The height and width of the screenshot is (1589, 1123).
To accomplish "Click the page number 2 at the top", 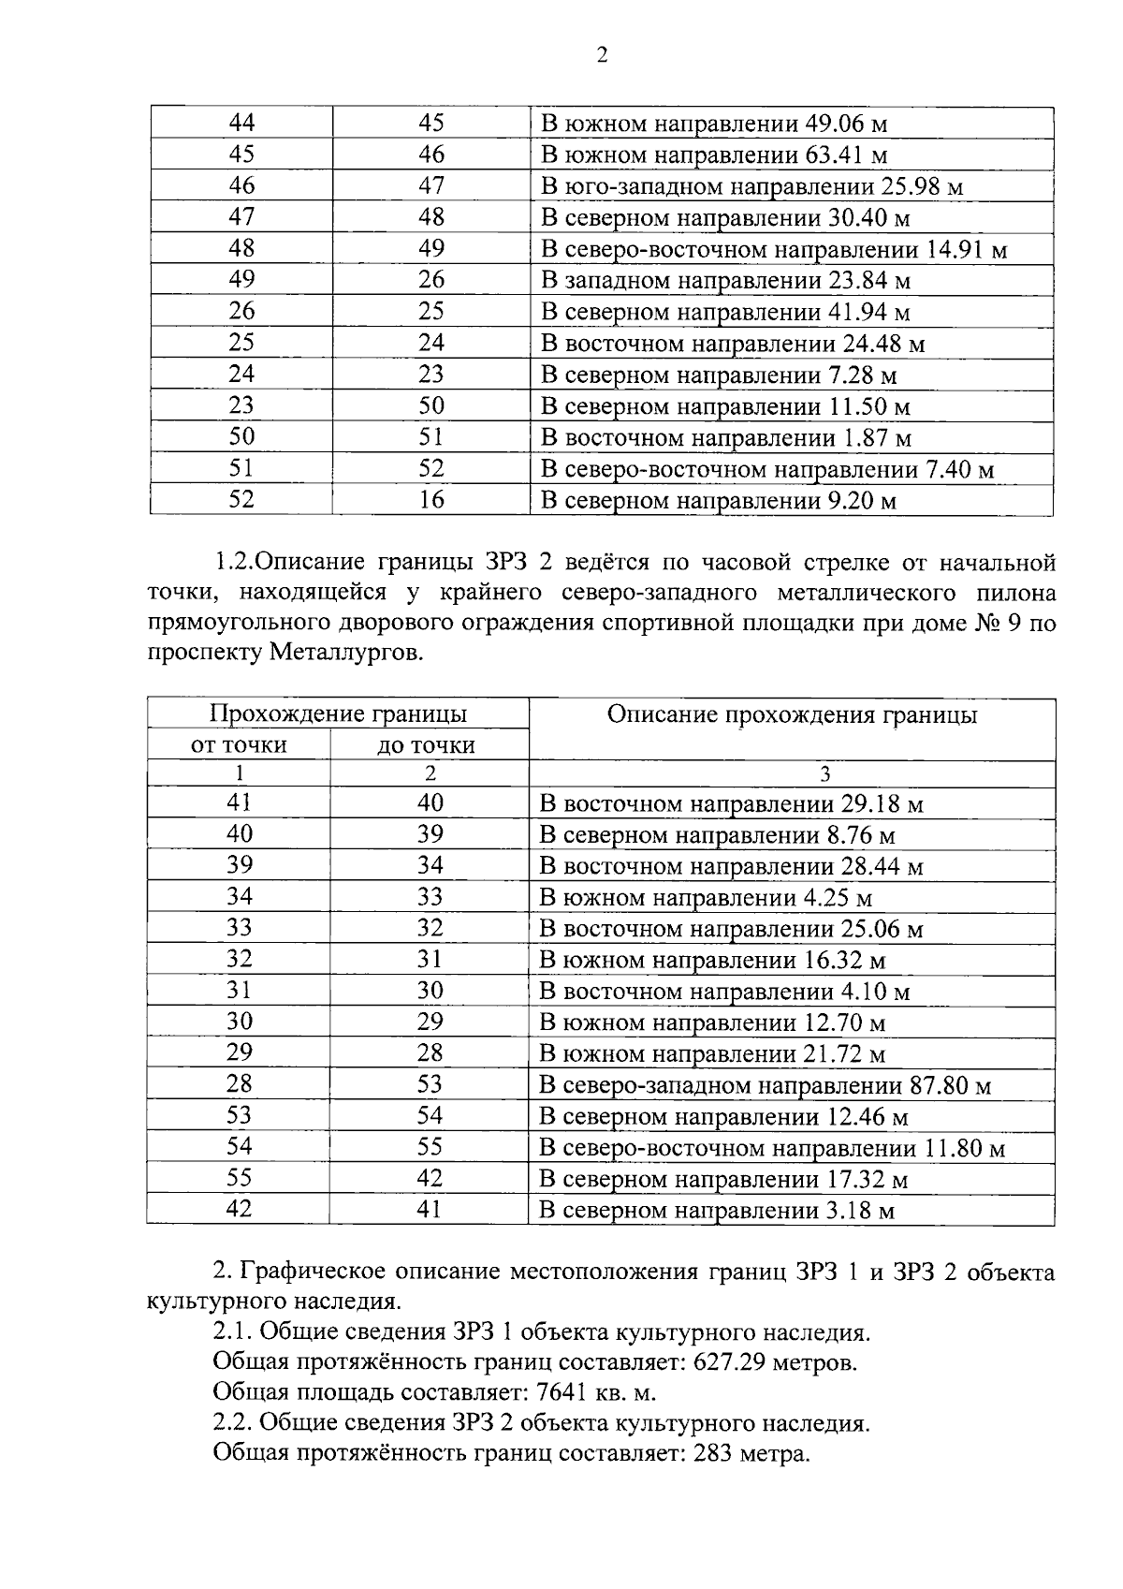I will tap(602, 55).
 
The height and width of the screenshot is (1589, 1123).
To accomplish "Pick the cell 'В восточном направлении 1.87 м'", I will tap(726, 438).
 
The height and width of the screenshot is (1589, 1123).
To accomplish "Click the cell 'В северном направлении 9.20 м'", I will tap(719, 501).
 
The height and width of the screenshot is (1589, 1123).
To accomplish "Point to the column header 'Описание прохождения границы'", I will tap(792, 715).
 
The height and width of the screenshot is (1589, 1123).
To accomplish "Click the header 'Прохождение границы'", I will tap(338, 714).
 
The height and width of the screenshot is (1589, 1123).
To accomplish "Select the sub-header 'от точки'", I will tap(240, 745).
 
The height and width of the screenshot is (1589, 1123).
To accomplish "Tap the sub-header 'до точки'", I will tap(427, 745).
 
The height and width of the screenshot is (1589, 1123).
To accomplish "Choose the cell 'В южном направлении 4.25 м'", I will tap(707, 899).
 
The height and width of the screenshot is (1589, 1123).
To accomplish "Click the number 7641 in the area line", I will tap(550, 1392).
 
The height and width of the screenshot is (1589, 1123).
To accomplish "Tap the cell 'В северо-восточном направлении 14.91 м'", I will tap(774, 250).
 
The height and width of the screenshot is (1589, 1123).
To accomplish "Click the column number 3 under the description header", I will tap(824, 774).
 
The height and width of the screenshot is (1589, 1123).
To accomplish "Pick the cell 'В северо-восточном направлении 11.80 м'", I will tap(772, 1148).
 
